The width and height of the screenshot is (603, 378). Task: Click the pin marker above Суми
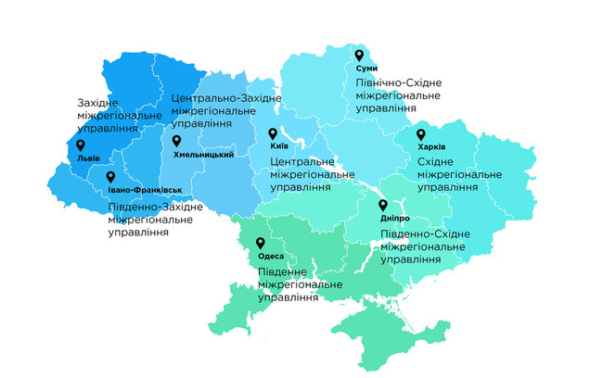[x=359, y=55]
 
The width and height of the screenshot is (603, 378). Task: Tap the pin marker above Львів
[x=80, y=145]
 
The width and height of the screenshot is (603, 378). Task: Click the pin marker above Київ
[x=273, y=133]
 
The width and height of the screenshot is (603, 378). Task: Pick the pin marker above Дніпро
[x=382, y=206]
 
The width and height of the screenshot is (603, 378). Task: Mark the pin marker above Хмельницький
[x=176, y=141]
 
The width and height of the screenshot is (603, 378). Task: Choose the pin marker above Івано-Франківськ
[x=110, y=177]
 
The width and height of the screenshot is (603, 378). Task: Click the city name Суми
[x=366, y=69]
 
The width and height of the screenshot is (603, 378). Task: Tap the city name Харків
[x=431, y=147]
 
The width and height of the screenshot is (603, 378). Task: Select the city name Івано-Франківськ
[x=137, y=190]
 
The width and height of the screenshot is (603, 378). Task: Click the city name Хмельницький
[x=203, y=154]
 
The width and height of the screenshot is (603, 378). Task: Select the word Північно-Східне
[x=398, y=83]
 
